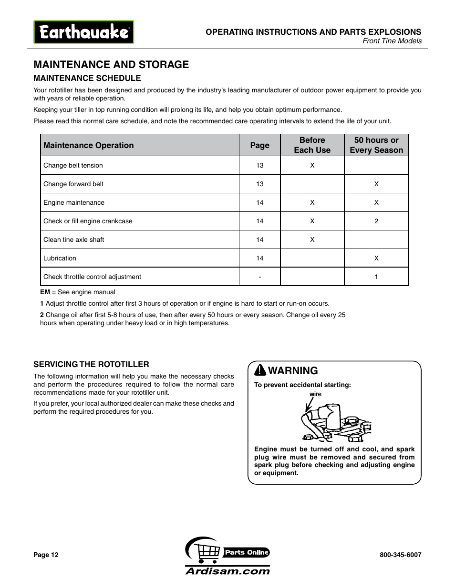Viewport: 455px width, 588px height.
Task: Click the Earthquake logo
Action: [83, 32]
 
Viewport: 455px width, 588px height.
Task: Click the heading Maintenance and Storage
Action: [111, 64]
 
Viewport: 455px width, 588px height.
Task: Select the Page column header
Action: [259, 145]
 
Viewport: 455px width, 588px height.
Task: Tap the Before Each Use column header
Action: [312, 145]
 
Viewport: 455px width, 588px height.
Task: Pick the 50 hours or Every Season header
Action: [376, 145]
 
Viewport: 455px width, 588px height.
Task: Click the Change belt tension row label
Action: [73, 165]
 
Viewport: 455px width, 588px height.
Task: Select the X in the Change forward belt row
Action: [376, 184]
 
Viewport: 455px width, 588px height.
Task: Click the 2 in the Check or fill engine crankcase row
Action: [376, 221]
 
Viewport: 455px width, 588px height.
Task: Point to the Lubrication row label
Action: [60, 258]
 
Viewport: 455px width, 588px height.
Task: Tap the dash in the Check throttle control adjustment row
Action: [259, 277]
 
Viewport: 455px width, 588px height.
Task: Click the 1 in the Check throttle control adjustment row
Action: [376, 277]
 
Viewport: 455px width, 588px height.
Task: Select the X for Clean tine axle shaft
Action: [312, 239]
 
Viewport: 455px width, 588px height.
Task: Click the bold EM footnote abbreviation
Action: [45, 292]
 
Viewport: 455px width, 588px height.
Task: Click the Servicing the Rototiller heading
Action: [91, 364]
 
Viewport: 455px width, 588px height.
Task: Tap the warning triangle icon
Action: [260, 370]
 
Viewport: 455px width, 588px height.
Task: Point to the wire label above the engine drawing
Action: [315, 394]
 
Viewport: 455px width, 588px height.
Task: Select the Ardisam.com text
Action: [227, 571]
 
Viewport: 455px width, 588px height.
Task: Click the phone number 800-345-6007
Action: [400, 555]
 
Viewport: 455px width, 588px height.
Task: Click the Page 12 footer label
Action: [46, 555]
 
